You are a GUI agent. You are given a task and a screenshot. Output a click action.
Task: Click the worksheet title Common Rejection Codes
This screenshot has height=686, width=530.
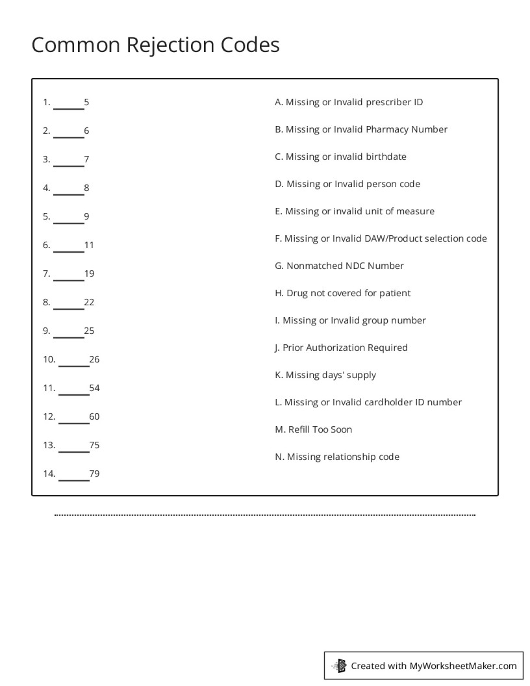tap(155, 45)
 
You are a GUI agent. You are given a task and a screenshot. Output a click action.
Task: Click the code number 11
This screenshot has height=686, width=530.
tap(89, 245)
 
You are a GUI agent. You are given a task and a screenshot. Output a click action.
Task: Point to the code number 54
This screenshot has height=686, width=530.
tap(94, 388)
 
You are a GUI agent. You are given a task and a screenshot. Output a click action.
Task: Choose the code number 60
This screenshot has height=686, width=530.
tap(94, 416)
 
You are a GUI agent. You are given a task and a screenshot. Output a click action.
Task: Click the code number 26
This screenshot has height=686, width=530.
tap(94, 359)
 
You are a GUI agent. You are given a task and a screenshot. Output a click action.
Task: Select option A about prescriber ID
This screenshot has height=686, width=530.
tap(349, 102)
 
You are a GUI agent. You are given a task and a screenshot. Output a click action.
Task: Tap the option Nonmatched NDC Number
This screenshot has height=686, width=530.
tap(339, 266)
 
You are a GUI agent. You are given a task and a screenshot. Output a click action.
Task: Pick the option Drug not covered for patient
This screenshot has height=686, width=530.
tap(342, 293)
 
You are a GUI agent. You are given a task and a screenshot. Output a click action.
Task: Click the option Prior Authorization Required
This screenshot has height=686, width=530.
tap(341, 348)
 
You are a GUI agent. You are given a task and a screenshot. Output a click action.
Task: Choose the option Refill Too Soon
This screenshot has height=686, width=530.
tap(314, 429)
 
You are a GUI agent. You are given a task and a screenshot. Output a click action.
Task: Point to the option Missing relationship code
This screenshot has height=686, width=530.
tap(337, 457)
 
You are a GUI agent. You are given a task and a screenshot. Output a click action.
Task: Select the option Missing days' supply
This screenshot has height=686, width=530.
tap(325, 375)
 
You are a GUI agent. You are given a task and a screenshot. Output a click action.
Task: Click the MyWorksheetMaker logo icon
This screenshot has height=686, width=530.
tap(339, 665)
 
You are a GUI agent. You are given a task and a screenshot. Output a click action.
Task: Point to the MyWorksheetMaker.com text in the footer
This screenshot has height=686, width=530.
tap(463, 665)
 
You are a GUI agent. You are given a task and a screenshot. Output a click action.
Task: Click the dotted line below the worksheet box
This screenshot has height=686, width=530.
tap(265, 515)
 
